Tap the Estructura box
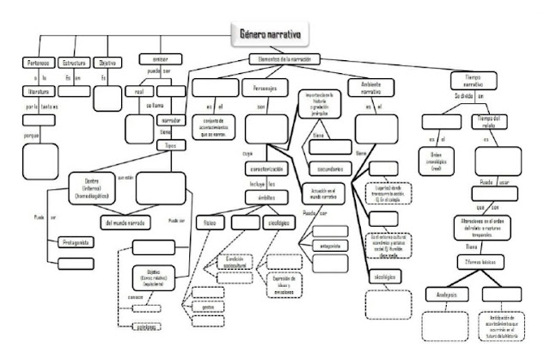pyautogui.click(x=76, y=63)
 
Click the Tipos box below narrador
pyautogui.click(x=171, y=146)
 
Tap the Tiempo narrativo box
pyautogui.click(x=472, y=79)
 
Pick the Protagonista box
pyautogui.click(x=75, y=241)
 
